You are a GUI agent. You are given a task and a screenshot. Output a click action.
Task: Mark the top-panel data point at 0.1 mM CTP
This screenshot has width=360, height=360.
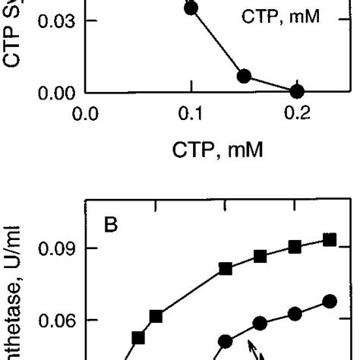tap(191, 8)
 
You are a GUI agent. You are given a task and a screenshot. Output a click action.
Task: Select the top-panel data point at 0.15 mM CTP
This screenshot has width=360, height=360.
tap(244, 76)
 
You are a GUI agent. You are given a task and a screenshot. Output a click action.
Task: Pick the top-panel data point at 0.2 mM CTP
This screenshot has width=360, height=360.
tap(297, 91)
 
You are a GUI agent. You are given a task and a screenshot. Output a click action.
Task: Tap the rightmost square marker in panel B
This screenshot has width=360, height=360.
tap(330, 240)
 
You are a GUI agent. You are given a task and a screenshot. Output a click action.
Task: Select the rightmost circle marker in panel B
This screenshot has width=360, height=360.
tap(330, 302)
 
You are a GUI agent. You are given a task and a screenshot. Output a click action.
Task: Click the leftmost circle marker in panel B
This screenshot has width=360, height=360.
tap(226, 341)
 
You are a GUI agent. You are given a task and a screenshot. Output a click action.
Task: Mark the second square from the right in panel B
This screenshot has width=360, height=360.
tap(295, 247)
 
